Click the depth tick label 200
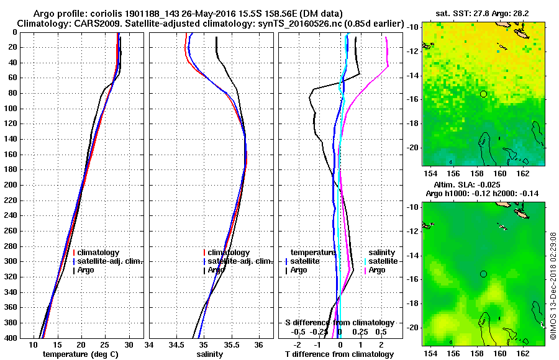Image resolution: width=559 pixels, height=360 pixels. pyautogui.click(x=11, y=185)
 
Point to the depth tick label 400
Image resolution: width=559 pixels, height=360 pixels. pyautogui.click(x=11, y=338)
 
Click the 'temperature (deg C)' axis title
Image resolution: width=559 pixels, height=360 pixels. pyautogui.click(x=80, y=354)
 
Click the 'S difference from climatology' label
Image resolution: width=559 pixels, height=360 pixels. pyautogui.click(x=339, y=323)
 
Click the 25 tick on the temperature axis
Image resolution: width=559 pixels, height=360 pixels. pyautogui.click(x=105, y=345)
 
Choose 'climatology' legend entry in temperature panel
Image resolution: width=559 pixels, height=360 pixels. pyautogui.click(x=99, y=253)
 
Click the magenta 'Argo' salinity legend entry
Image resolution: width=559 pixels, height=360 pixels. pyautogui.click(x=376, y=270)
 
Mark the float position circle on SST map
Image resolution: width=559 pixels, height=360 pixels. pyautogui.click(x=483, y=94)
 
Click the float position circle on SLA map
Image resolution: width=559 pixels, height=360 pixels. pyautogui.click(x=483, y=274)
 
